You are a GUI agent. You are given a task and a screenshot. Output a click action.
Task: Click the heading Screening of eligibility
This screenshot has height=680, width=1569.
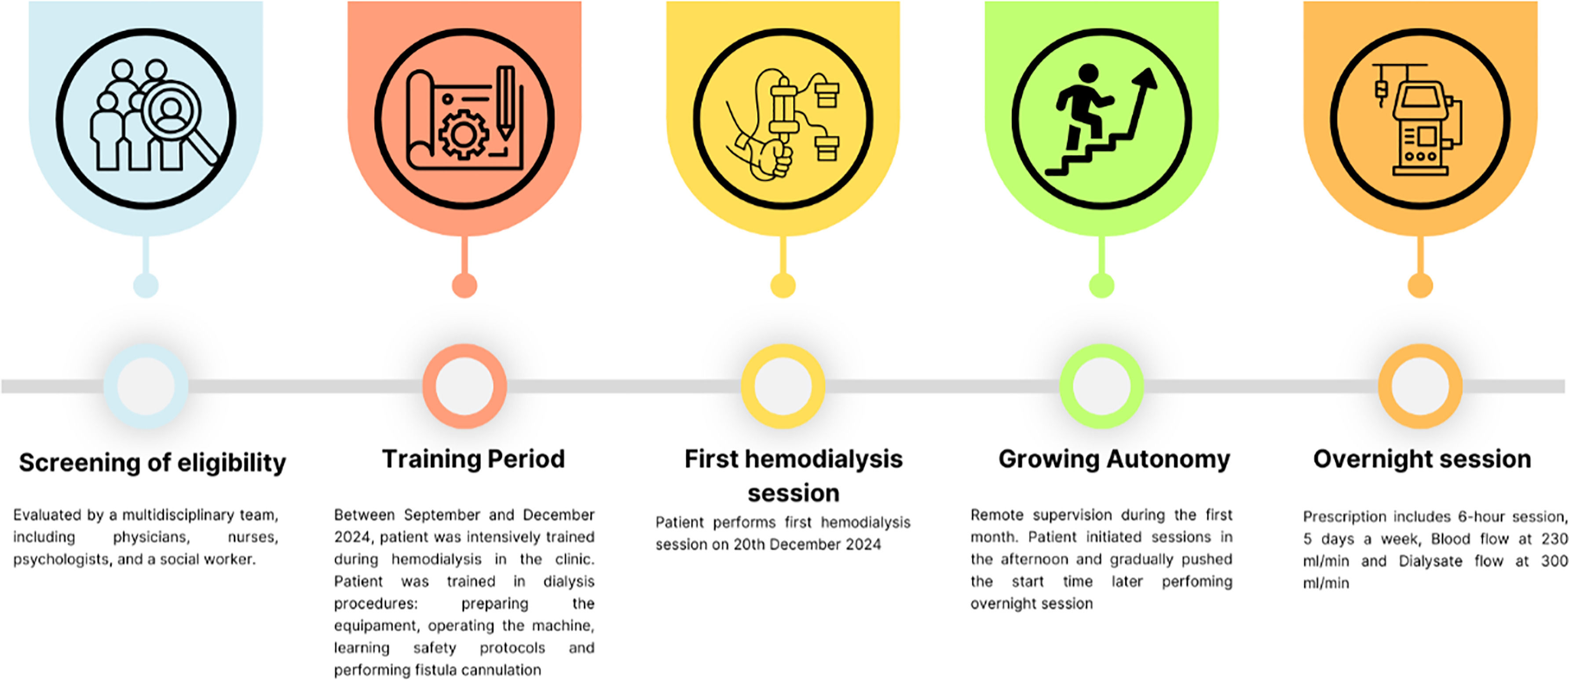pos(152,463)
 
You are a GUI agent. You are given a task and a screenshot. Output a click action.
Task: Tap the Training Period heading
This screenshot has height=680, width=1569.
pos(473,459)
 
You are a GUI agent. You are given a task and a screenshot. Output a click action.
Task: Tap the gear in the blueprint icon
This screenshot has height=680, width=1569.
pos(464,134)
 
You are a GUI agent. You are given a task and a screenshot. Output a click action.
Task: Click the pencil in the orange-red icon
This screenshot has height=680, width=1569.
pos(505,103)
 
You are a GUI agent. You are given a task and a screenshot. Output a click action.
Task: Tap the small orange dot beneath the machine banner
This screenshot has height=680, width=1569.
pos(1420,285)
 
